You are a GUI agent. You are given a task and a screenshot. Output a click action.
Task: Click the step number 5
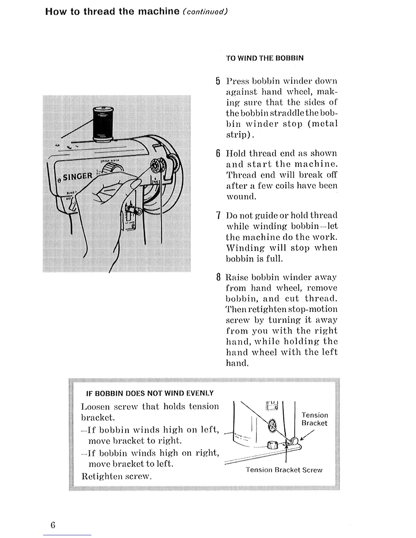pyautogui.click(x=218, y=81)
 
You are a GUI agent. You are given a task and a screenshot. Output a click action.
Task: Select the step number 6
pyautogui.click(x=218, y=154)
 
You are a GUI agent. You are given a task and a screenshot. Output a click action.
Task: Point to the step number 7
pyautogui.click(x=218, y=215)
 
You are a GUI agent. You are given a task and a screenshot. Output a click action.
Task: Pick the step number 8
pyautogui.click(x=218, y=277)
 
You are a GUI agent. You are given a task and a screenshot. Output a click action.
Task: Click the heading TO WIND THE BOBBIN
pyautogui.click(x=265, y=58)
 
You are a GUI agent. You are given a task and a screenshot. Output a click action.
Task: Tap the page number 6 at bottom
pyautogui.click(x=53, y=525)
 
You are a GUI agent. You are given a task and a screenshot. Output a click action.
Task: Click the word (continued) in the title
pyautogui.click(x=205, y=12)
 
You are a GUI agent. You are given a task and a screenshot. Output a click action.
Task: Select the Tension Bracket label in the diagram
pyautogui.click(x=315, y=419)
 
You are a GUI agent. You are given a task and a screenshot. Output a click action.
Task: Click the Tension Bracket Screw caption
pyautogui.click(x=284, y=470)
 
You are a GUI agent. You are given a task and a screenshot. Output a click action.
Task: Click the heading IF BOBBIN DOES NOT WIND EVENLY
pyautogui.click(x=150, y=393)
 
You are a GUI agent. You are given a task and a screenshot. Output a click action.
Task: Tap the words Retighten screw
pyautogui.click(x=116, y=476)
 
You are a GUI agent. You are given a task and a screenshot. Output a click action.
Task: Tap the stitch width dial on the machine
pyautogui.click(x=112, y=169)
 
